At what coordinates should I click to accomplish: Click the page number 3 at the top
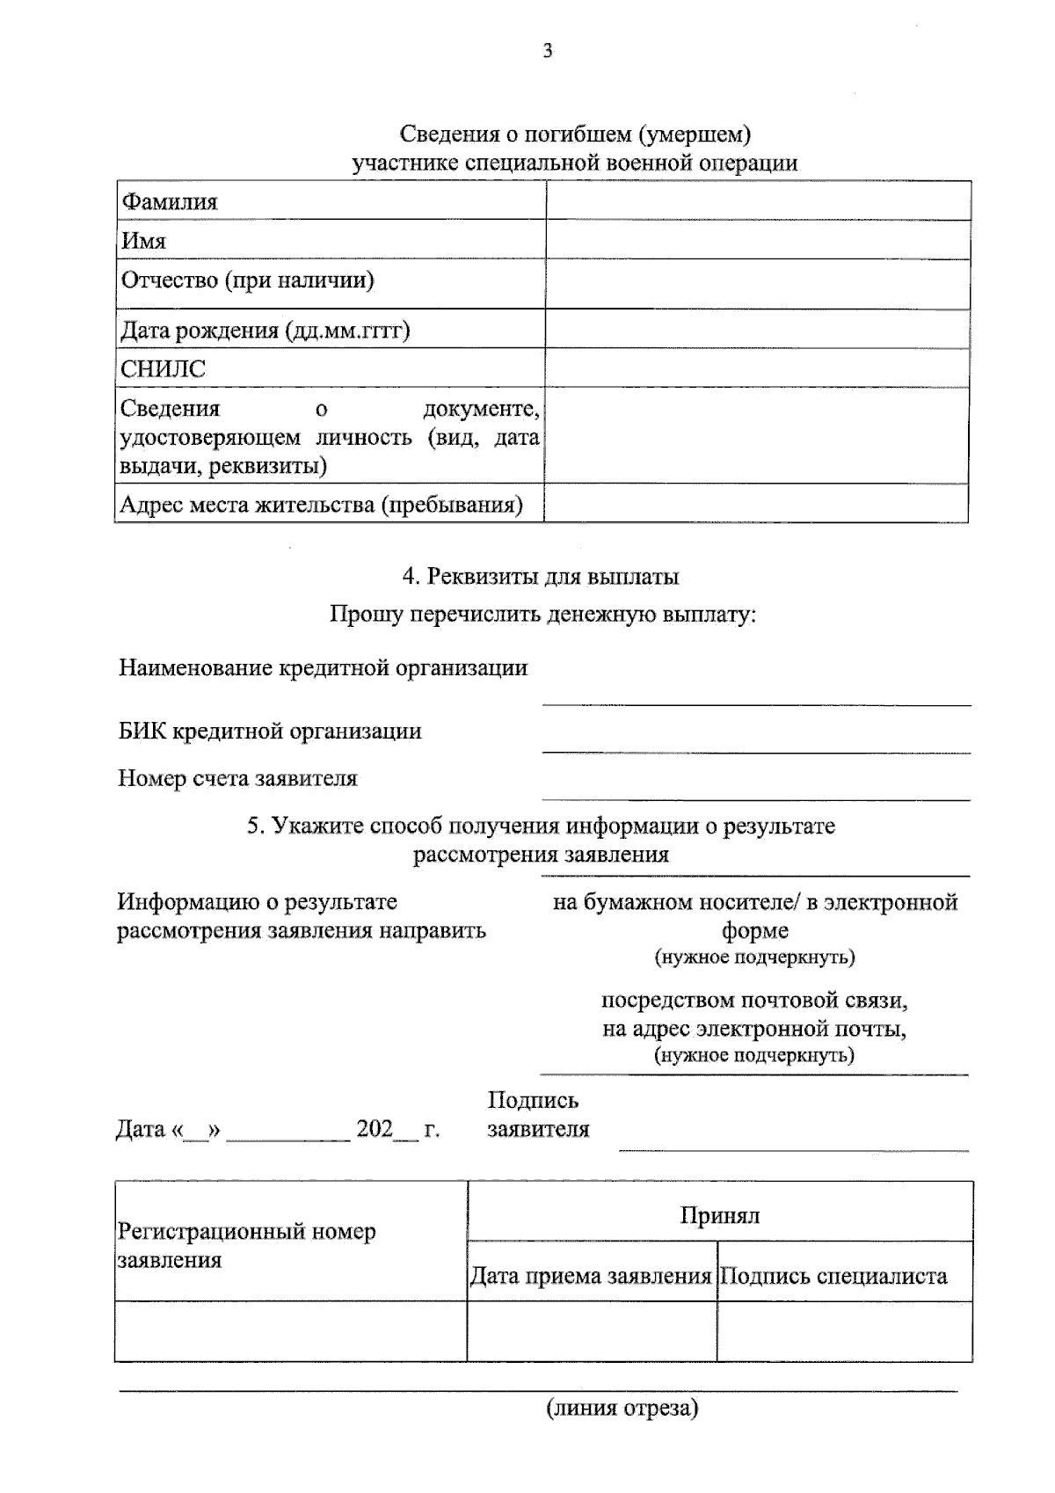tap(548, 51)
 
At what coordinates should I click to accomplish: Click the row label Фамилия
tap(169, 202)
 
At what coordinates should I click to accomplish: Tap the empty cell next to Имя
tap(757, 240)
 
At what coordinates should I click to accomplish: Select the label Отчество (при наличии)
tap(247, 280)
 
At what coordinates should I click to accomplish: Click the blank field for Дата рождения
tap(757, 329)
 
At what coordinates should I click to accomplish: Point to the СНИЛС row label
tap(163, 369)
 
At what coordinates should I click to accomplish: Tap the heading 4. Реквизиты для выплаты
tap(540, 577)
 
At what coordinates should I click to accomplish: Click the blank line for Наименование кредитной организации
tap(756, 695)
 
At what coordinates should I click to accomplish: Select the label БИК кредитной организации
tap(270, 732)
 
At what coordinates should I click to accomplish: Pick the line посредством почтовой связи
tap(754, 1001)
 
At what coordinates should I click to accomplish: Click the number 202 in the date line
tap(375, 1129)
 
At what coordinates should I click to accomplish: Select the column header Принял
tap(719, 1216)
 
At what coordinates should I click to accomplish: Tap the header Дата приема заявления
tap(591, 1276)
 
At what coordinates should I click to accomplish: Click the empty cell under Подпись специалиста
tap(844, 1331)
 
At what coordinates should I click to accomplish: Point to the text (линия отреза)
tap(622, 1409)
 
